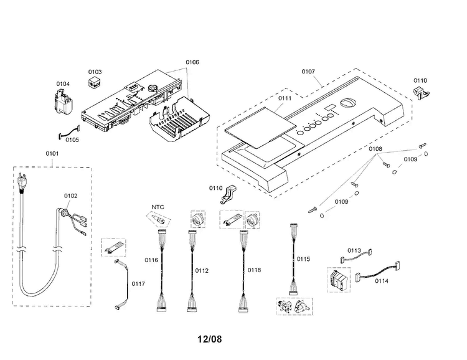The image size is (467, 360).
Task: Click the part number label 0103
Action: pyautogui.click(x=95, y=72)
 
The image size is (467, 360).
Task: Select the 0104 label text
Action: pyautogui.click(x=63, y=83)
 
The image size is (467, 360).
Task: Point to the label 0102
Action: pyautogui.click(x=70, y=196)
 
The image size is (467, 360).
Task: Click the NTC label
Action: pyautogui.click(x=158, y=207)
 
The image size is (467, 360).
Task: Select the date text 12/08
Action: pyautogui.click(x=210, y=339)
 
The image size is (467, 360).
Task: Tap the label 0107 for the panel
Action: pyautogui.click(x=308, y=72)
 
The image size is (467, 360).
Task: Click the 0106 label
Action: pyautogui.click(x=192, y=62)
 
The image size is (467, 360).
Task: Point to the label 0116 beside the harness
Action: pyautogui.click(x=151, y=260)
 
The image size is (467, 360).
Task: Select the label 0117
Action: pyautogui.click(x=138, y=284)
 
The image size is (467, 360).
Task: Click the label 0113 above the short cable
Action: pyautogui.click(x=354, y=250)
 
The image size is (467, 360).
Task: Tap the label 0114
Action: pyautogui.click(x=382, y=281)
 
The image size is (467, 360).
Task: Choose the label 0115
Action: pyautogui.click(x=303, y=259)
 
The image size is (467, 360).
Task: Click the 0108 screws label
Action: pyautogui.click(x=375, y=149)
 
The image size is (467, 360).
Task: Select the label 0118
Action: pyautogui.click(x=254, y=270)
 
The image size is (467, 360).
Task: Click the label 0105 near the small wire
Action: pyautogui.click(x=72, y=140)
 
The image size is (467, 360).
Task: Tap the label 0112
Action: pyautogui.click(x=202, y=270)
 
